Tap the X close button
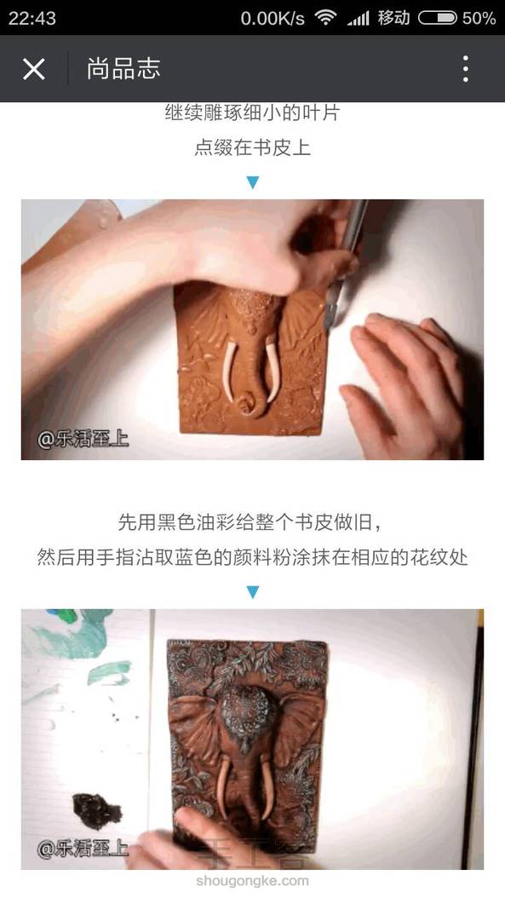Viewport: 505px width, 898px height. click(x=34, y=69)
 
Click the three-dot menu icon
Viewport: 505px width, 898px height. click(x=466, y=69)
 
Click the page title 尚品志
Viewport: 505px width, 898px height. click(x=123, y=69)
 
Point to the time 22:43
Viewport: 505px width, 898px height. click(x=32, y=18)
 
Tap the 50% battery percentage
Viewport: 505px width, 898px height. click(x=479, y=18)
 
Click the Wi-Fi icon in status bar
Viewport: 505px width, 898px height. click(x=325, y=18)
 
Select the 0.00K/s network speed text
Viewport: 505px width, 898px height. click(x=273, y=18)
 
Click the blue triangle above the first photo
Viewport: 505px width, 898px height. click(x=252, y=182)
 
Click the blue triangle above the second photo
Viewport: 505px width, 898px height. click(x=252, y=591)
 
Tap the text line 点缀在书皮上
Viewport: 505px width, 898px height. click(x=252, y=147)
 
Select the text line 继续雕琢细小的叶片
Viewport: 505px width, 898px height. click(x=252, y=112)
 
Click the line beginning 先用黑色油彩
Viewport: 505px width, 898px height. click(x=250, y=522)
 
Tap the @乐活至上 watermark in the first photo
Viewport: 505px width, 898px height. click(x=83, y=440)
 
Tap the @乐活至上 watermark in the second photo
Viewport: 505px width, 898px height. click(x=83, y=849)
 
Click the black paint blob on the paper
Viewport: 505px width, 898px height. click(x=97, y=811)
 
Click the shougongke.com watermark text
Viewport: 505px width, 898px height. click(x=252, y=881)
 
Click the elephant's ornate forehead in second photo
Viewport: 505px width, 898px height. click(x=246, y=710)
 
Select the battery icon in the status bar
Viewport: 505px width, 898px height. click(x=438, y=18)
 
